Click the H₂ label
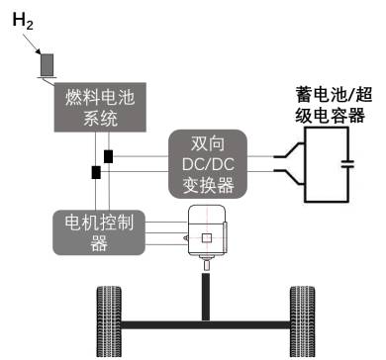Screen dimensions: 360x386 click(25, 22)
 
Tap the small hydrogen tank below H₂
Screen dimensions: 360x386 click(47, 62)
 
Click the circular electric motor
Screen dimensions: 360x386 click(206, 236)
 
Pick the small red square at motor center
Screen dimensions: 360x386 click(206, 239)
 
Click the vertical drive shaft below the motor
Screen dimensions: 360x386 click(206, 293)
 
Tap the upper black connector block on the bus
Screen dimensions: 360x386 click(107, 155)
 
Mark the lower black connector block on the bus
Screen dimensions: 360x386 click(96, 173)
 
